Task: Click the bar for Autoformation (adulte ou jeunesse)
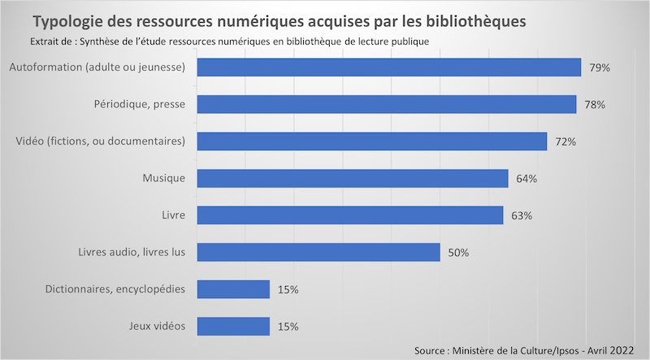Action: coord(389,67)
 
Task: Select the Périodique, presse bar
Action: coord(387,104)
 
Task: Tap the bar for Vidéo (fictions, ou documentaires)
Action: coord(372,141)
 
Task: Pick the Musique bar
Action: coord(353,178)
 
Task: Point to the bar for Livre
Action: coord(350,215)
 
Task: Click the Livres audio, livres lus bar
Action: coord(318,252)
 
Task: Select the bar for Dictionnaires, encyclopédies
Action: coord(233,289)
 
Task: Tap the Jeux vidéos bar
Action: coord(233,326)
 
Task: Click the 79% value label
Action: coord(600,67)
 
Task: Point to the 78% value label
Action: coord(595,105)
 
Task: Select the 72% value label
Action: coord(565,141)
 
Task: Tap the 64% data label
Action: coord(526,179)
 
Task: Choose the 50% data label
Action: coord(458,253)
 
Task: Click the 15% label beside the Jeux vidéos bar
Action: coord(288,327)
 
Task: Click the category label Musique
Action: coord(164,178)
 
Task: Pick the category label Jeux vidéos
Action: coord(158,326)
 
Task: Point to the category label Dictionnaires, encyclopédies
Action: coord(119,289)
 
